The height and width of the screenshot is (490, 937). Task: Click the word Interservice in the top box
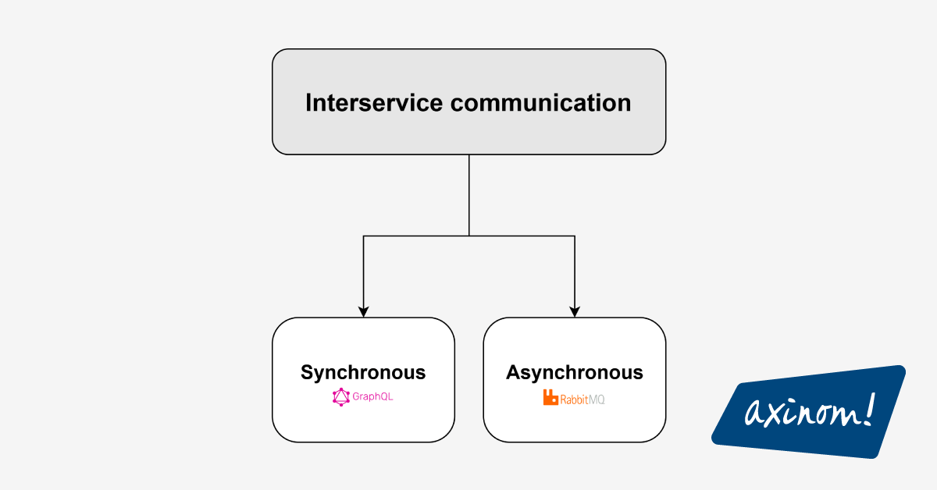(x=374, y=103)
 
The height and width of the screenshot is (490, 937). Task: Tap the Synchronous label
(x=363, y=372)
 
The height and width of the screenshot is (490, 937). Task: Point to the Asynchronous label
(x=574, y=372)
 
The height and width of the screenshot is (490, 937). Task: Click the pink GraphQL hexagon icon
(x=340, y=397)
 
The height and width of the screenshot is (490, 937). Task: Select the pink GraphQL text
(x=372, y=397)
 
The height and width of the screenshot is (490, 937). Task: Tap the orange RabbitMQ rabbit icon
(x=550, y=398)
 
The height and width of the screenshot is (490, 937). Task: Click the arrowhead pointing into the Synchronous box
(x=363, y=311)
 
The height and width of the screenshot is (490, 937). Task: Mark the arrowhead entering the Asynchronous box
(x=575, y=311)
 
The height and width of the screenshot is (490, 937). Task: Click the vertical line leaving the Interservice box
(x=469, y=195)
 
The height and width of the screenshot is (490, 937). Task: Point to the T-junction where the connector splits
(x=469, y=236)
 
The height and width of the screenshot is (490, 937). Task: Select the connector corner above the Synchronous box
(x=363, y=236)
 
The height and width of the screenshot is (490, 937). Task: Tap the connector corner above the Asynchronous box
(x=575, y=236)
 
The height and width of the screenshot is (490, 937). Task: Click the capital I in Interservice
(x=308, y=103)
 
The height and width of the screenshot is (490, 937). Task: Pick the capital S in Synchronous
(x=308, y=372)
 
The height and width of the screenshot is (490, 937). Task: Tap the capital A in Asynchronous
(x=513, y=372)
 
